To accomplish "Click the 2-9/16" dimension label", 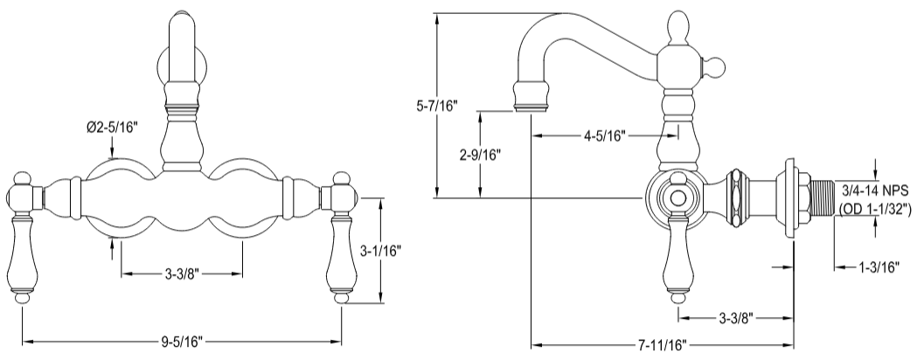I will (479, 156).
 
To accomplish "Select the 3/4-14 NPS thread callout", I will (876, 190).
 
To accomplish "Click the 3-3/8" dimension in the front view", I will (181, 274).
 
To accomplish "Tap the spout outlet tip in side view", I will (531, 95).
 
